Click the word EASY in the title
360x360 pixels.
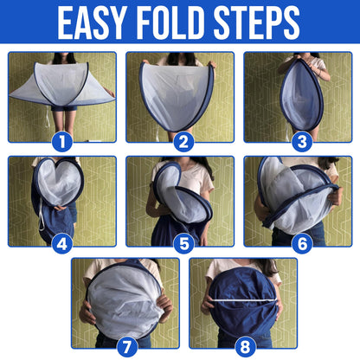click(x=93, y=22)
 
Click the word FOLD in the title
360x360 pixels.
click(x=173, y=22)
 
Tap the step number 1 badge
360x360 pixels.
click(x=61, y=141)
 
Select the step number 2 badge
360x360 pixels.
click(x=183, y=141)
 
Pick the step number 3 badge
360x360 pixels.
click(x=302, y=141)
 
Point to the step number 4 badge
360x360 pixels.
click(x=61, y=244)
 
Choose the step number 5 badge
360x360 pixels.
click(x=183, y=244)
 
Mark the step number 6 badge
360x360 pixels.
click(x=302, y=244)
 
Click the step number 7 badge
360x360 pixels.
click(x=127, y=347)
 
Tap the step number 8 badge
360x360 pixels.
click(x=245, y=347)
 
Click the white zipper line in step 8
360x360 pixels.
click(x=243, y=300)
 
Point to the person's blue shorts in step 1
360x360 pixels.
click(x=64, y=108)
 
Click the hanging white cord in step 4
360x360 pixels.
click(x=42, y=215)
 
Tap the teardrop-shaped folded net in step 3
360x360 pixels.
click(x=301, y=95)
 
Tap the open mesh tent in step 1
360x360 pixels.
click(x=62, y=84)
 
